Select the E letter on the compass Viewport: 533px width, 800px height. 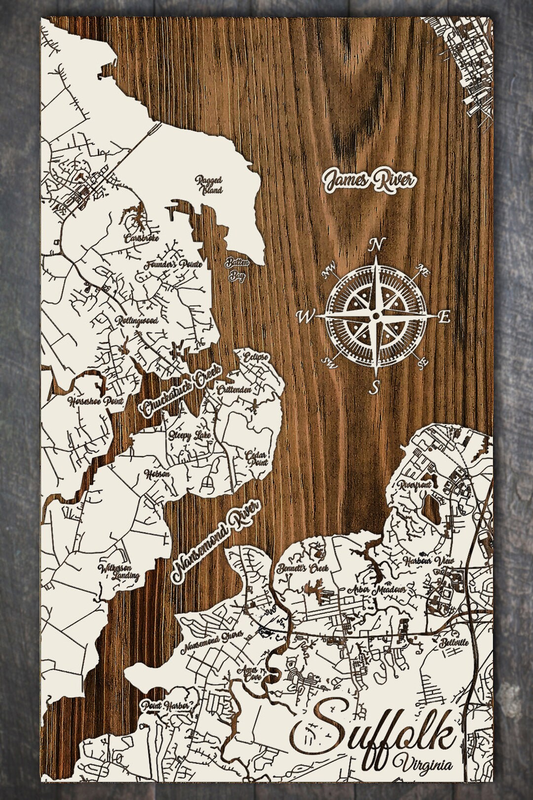coord(444,318)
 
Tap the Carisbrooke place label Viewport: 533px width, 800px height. coord(138,239)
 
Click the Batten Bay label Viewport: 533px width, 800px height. coord(236,269)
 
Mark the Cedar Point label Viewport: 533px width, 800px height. coord(258,458)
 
